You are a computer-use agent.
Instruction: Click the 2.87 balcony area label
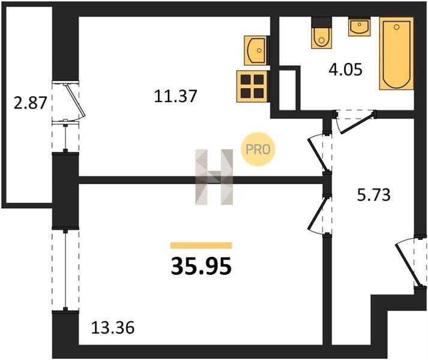(x=30, y=103)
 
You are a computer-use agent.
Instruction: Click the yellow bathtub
(x=397, y=54)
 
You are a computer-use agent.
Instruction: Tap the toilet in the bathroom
(x=321, y=35)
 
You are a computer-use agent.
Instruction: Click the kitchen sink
(x=256, y=49)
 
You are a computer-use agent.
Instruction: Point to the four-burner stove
(x=252, y=85)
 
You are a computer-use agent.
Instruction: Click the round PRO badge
(x=258, y=149)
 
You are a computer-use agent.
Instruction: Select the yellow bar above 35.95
(x=201, y=245)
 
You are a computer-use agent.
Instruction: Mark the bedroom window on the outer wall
(x=65, y=269)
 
